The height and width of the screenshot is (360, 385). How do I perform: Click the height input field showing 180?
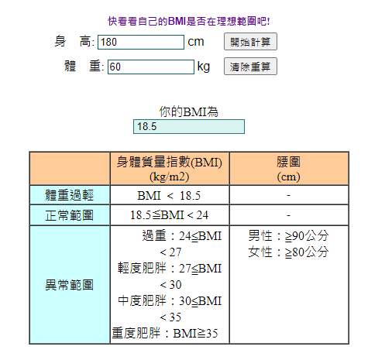[x=141, y=42]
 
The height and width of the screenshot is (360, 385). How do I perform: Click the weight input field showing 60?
[x=151, y=67]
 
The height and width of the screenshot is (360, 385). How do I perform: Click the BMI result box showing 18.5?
[x=189, y=126]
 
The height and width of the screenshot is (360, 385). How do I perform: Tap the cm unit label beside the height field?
[x=196, y=42]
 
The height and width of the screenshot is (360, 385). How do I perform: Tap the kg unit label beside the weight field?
[x=204, y=67]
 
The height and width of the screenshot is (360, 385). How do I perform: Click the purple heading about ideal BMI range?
[x=189, y=21]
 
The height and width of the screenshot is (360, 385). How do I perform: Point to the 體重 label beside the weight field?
[x=84, y=66]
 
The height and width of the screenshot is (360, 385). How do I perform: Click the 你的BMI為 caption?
[x=189, y=111]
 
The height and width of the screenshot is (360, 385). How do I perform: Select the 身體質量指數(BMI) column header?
[x=170, y=169]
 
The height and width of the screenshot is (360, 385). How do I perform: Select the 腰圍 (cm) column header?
[x=289, y=169]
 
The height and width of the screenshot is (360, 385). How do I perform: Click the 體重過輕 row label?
[x=70, y=195]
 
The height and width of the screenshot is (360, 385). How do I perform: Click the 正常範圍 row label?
[x=70, y=215]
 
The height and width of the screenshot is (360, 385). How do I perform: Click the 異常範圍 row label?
[x=70, y=285]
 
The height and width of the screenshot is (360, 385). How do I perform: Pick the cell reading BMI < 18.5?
[x=170, y=195]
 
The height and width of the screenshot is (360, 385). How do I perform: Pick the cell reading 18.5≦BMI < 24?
[x=170, y=215]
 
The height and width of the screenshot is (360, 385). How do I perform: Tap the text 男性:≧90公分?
[x=288, y=236]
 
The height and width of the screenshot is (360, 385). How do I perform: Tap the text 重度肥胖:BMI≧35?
[x=165, y=333]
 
